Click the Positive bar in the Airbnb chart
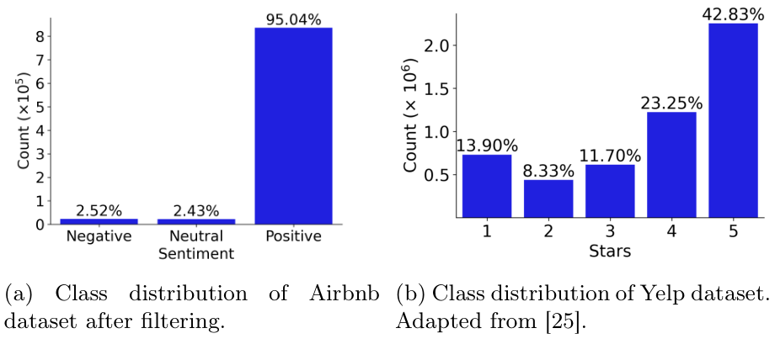(x=294, y=126)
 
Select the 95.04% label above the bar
(x=294, y=19)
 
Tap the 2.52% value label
(x=99, y=209)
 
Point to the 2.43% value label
(x=195, y=209)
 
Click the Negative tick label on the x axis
(x=99, y=236)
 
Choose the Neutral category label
(x=195, y=236)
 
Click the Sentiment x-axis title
(x=195, y=252)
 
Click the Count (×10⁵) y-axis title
(x=24, y=121)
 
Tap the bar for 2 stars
(x=548, y=199)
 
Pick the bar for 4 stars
(x=671, y=165)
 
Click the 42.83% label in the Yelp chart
(x=731, y=12)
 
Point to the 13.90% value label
(x=486, y=146)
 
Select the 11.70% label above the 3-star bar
(x=610, y=156)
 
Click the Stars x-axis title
(x=610, y=250)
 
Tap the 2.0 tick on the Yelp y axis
(x=436, y=45)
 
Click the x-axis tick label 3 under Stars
(x=610, y=230)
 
